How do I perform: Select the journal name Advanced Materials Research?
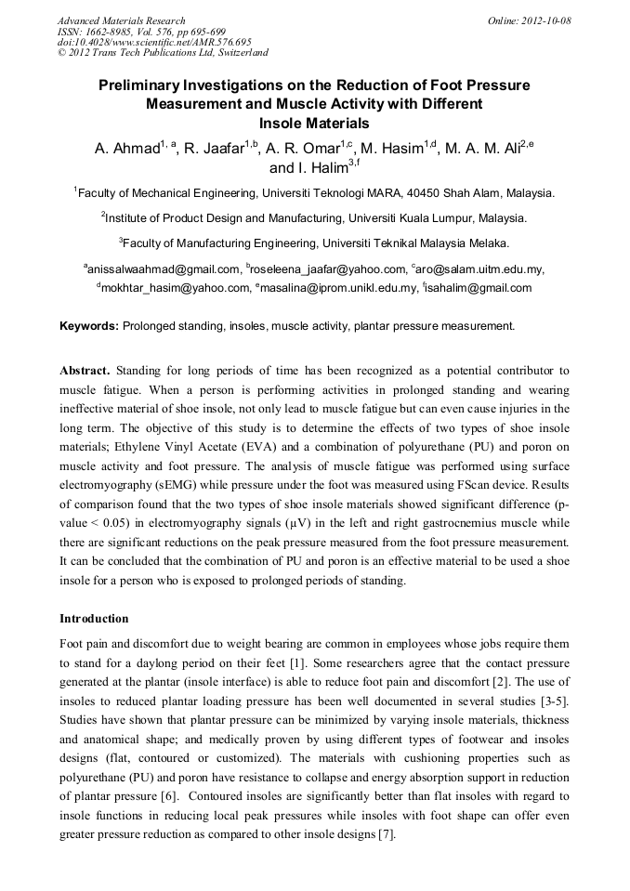click(121, 20)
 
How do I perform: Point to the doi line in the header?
click(154, 42)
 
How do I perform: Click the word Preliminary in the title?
click(141, 85)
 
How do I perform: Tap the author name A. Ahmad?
click(126, 149)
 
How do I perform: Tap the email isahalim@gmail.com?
click(480, 288)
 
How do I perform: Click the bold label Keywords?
click(89, 326)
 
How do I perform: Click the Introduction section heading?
click(94, 618)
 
